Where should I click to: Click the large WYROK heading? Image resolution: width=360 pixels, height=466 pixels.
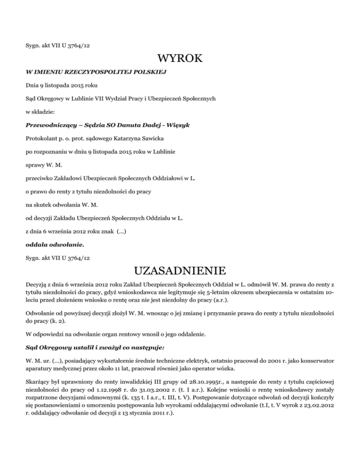(x=180, y=59)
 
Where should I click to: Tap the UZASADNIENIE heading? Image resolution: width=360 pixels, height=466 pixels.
(x=180, y=271)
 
